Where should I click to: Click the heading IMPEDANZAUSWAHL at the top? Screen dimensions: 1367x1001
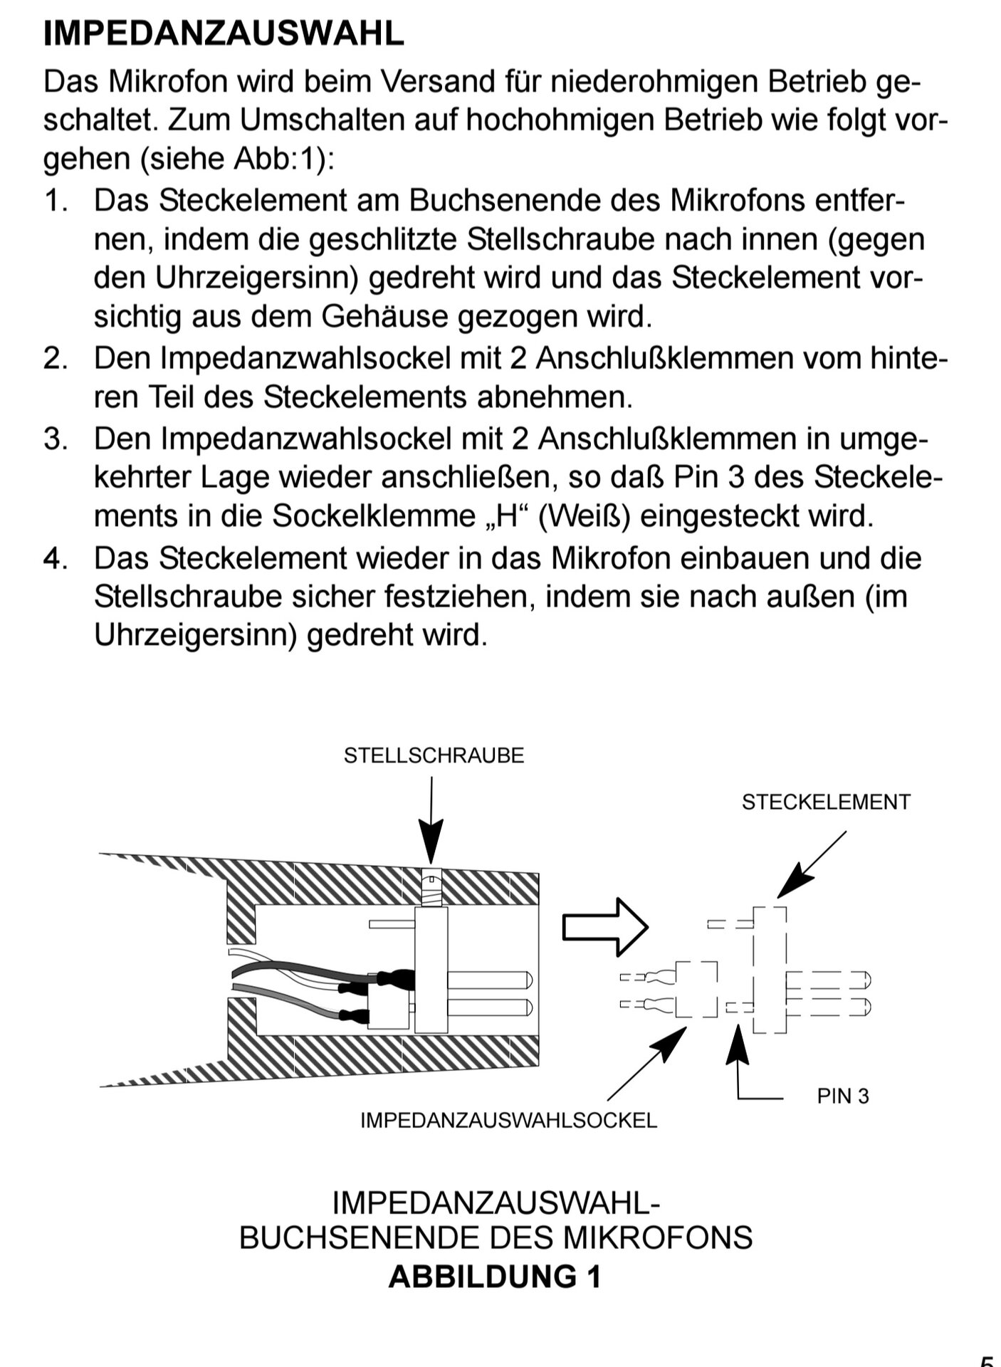(224, 33)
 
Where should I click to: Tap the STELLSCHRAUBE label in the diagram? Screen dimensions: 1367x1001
(434, 755)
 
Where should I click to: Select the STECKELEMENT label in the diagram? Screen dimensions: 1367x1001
(826, 802)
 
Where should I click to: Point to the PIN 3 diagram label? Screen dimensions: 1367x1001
(843, 1096)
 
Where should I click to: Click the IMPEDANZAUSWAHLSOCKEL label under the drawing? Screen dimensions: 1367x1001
(508, 1120)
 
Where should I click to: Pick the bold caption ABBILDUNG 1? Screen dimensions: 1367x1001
(495, 1277)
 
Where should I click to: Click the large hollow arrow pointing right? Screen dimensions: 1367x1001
(605, 927)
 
